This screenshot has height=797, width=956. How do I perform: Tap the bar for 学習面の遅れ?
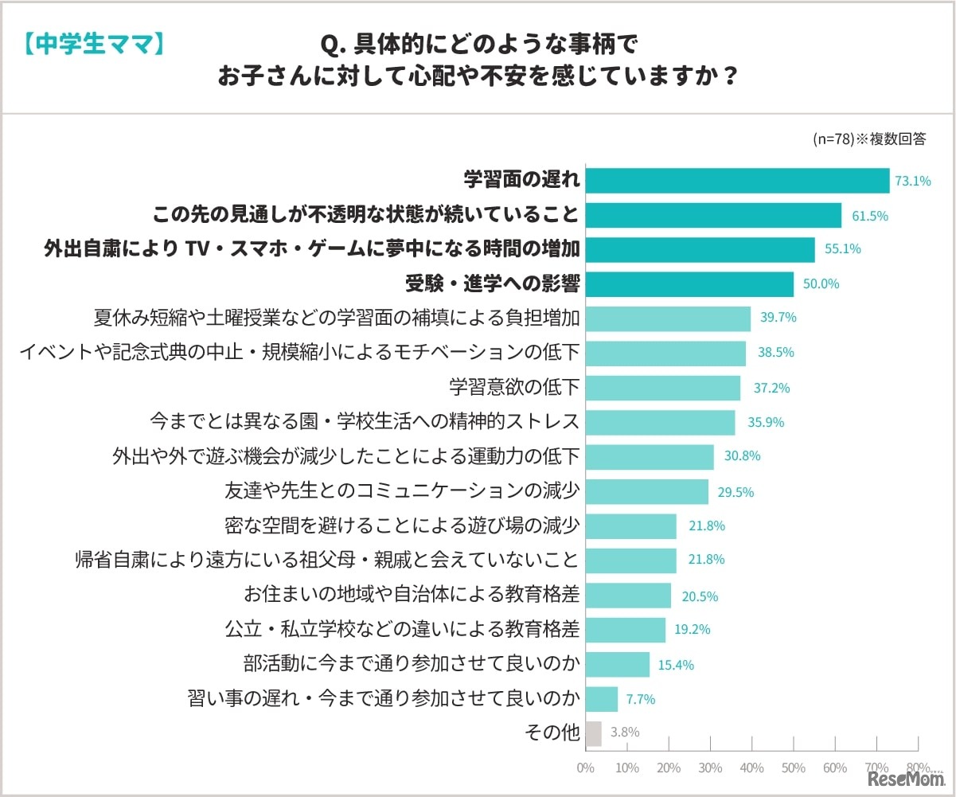pyautogui.click(x=737, y=181)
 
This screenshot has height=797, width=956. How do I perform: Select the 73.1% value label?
pyautogui.click(x=913, y=181)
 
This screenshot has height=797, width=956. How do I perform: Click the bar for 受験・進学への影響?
pyautogui.click(x=689, y=283)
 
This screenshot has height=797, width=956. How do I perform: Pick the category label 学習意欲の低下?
pyautogui.click(x=514, y=388)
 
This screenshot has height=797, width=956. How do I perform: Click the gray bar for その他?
pyautogui.click(x=593, y=733)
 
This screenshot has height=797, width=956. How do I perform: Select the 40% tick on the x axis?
pyautogui.click(x=751, y=768)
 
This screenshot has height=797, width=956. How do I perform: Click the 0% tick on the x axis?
pyautogui.click(x=585, y=768)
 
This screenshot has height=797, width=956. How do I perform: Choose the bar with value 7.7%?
pyautogui.click(x=601, y=699)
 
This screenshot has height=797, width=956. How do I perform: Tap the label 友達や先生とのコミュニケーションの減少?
pyautogui.click(x=402, y=491)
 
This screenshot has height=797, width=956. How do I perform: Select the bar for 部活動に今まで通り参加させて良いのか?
pyautogui.click(x=617, y=664)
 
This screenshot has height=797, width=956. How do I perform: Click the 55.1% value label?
pyautogui.click(x=842, y=249)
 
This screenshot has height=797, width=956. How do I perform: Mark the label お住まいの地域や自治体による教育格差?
pyautogui.click(x=412, y=595)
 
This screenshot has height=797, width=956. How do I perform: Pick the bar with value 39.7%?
pyautogui.click(x=668, y=318)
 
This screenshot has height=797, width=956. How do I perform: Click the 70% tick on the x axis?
pyautogui.click(x=876, y=768)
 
